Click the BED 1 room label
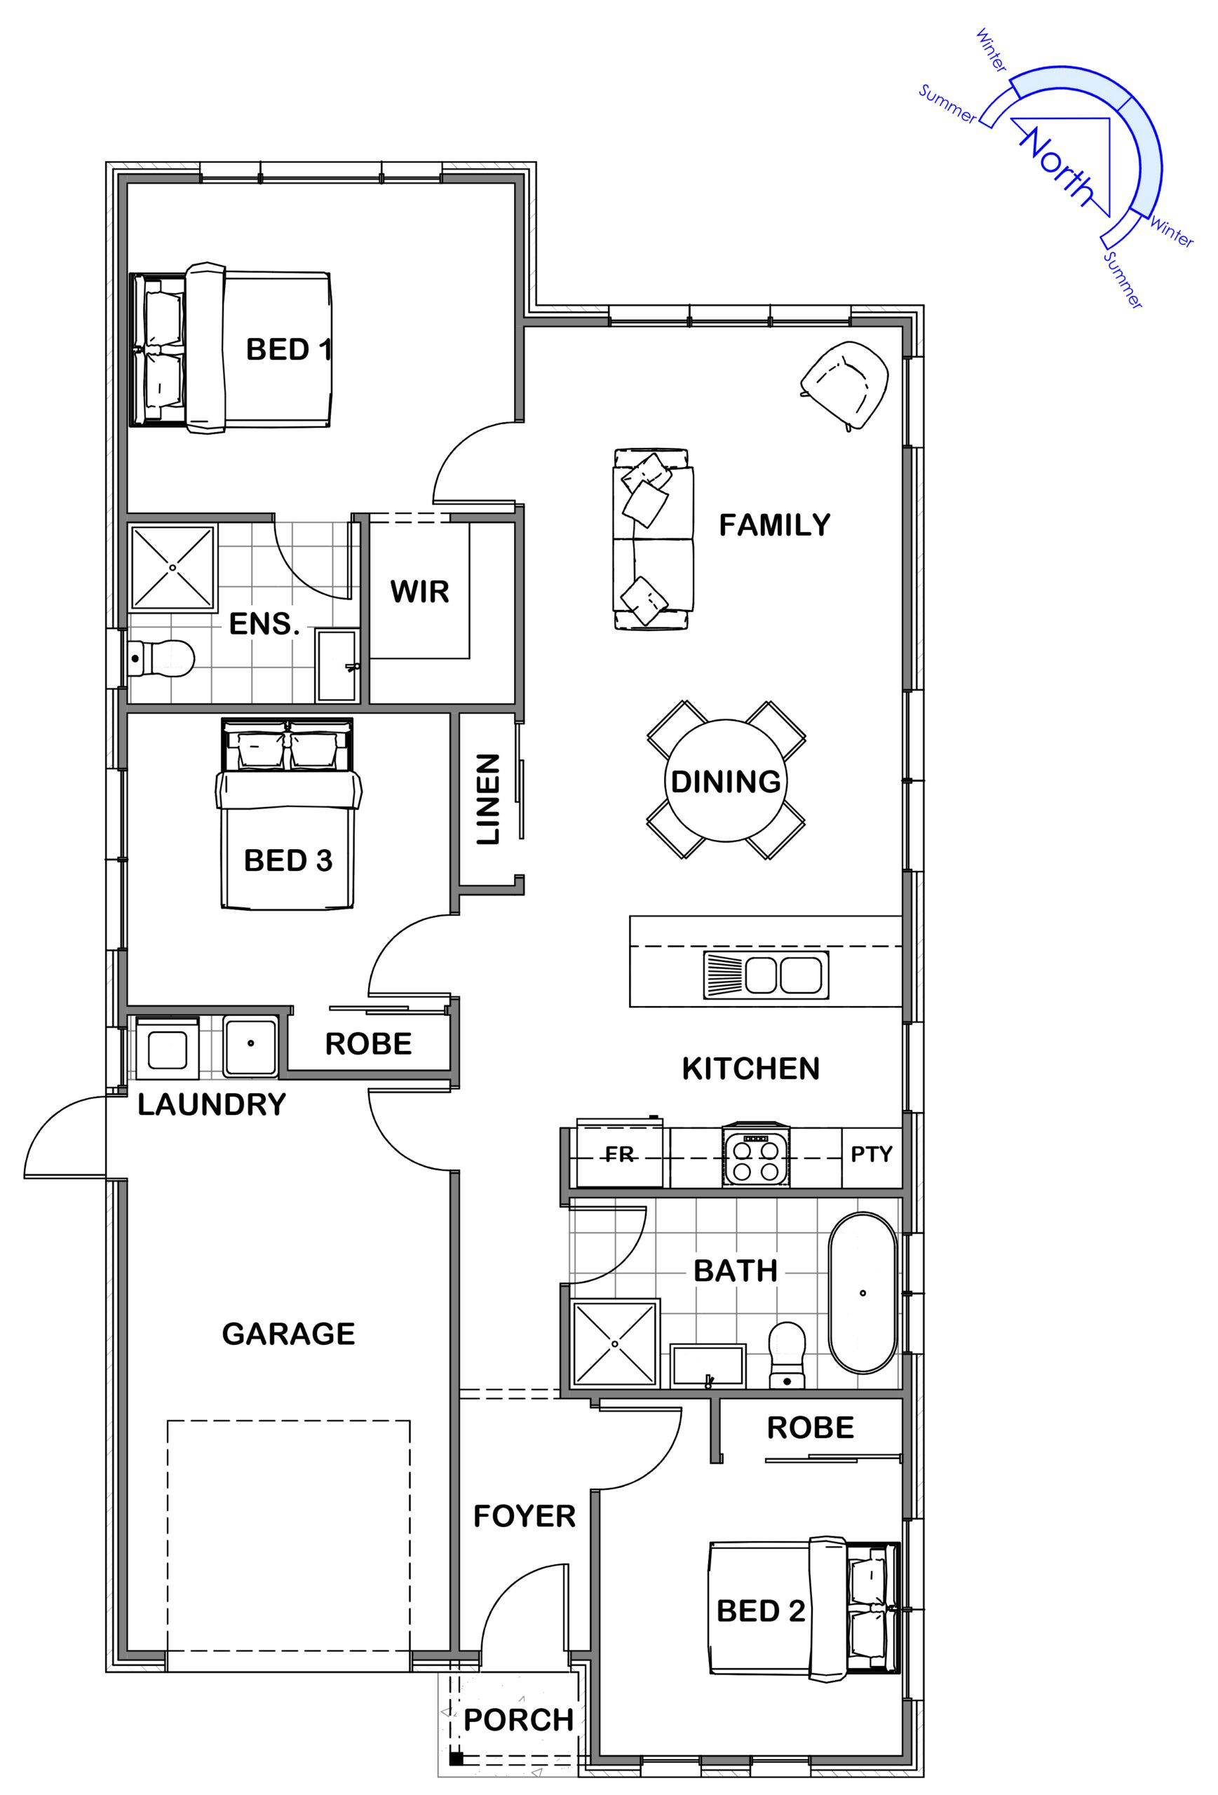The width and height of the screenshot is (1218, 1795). (x=289, y=350)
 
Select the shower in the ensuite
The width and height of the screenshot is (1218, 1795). (x=172, y=568)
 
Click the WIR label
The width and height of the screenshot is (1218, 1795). (x=419, y=592)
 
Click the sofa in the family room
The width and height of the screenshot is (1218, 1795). (x=654, y=539)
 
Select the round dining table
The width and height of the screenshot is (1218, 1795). (x=726, y=780)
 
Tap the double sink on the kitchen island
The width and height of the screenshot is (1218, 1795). (x=766, y=975)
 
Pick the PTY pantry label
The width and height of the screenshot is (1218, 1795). (x=871, y=1155)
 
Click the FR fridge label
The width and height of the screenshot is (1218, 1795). (x=619, y=1155)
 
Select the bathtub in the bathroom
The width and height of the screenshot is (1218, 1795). (x=862, y=1293)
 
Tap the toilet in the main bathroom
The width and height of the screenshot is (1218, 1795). (x=787, y=1355)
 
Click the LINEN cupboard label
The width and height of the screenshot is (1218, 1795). (x=488, y=799)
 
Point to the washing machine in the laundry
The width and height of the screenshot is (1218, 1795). (x=167, y=1048)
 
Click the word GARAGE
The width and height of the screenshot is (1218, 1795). (x=288, y=1334)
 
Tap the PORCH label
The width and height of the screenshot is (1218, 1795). (x=518, y=1720)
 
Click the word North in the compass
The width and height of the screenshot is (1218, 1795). (x=1057, y=167)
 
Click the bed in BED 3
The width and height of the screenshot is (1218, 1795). (x=288, y=813)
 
